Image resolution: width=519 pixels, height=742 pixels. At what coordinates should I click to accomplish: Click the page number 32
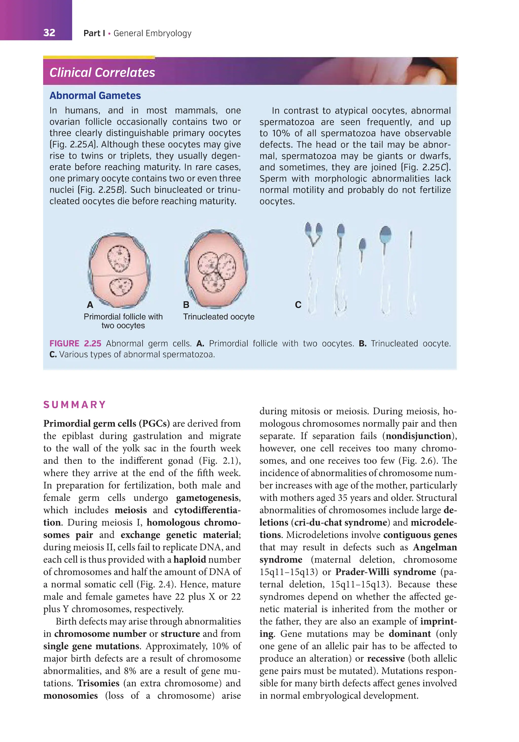49,33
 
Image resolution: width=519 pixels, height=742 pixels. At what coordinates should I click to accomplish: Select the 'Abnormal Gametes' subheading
95,96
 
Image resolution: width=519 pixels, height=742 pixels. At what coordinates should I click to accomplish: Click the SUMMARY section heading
75,405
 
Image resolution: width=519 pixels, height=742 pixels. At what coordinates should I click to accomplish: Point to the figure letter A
90,305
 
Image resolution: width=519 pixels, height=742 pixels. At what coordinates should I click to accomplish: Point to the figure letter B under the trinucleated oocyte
186,305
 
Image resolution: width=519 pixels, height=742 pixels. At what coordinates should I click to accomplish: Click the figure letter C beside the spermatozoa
298,305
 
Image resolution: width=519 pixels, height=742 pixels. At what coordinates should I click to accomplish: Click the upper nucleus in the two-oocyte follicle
119,259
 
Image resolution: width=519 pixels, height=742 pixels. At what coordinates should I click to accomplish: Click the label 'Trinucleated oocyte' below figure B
219,317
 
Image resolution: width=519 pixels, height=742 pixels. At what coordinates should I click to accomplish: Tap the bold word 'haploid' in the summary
190,559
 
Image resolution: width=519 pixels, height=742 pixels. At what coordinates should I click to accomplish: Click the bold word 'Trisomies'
98,683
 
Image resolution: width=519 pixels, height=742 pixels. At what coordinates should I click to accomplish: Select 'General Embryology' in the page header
153,33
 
